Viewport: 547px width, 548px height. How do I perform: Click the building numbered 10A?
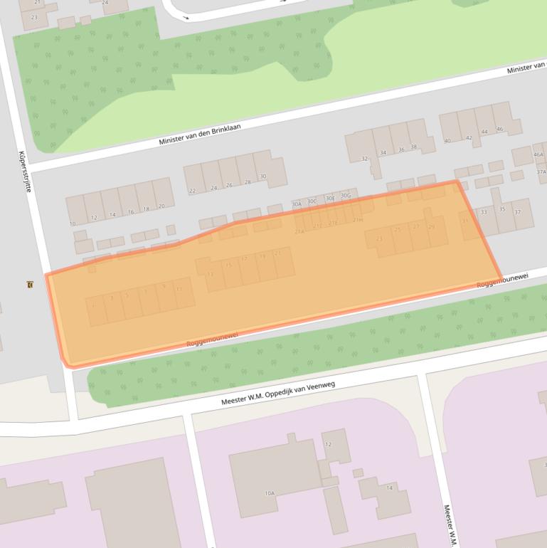click(x=270, y=493)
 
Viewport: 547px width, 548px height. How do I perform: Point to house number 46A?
click(x=538, y=154)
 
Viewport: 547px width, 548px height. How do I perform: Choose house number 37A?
click(x=541, y=172)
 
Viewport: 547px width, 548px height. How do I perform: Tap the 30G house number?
click(x=346, y=196)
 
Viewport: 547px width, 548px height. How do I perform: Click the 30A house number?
click(x=297, y=204)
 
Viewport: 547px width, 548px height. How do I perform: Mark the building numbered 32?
click(x=365, y=159)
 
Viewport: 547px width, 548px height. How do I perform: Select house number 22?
click(x=192, y=191)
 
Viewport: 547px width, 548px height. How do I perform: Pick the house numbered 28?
click(x=248, y=182)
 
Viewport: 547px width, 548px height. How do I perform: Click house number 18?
click(x=146, y=209)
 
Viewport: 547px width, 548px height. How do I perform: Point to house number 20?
click(x=161, y=206)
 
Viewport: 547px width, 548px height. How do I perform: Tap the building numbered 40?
click(x=447, y=141)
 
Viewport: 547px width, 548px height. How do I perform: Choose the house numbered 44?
click(x=484, y=132)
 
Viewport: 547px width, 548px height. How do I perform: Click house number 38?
click(x=413, y=147)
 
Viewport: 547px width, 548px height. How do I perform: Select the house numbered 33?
click(x=484, y=212)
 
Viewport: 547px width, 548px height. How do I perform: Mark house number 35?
click(x=502, y=209)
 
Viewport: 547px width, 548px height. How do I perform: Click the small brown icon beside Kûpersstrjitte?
click(x=29, y=285)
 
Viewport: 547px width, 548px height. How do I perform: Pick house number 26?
click(x=229, y=185)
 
